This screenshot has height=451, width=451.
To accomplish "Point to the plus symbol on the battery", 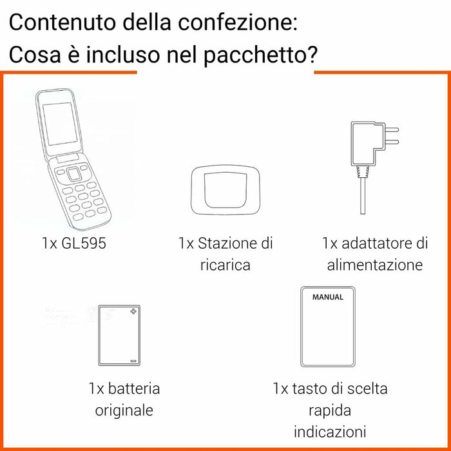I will click(133, 312).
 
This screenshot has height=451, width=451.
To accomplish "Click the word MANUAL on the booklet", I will click(327, 298).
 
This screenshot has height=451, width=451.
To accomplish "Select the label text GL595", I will click(82, 244).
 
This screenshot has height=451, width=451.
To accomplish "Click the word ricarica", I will click(225, 265).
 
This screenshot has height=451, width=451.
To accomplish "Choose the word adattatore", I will click(377, 244).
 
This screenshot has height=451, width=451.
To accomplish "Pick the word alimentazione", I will click(375, 265).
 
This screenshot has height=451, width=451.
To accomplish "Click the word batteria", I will click(133, 389).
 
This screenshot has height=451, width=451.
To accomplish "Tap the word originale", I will click(124, 410).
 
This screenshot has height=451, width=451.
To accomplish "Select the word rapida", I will click(331, 410).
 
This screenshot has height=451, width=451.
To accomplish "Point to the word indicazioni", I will click(330, 431).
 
